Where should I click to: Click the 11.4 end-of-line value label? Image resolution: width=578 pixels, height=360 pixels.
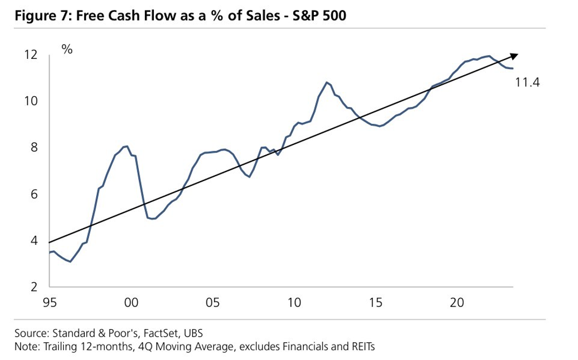(x=528, y=83)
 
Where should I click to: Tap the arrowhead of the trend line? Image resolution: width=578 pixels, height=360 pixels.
(x=515, y=55)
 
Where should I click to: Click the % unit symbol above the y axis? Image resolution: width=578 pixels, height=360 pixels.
(x=67, y=50)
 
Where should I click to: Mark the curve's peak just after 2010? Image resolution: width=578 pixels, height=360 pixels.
(x=326, y=82)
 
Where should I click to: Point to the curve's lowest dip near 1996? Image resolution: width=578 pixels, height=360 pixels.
(x=70, y=262)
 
